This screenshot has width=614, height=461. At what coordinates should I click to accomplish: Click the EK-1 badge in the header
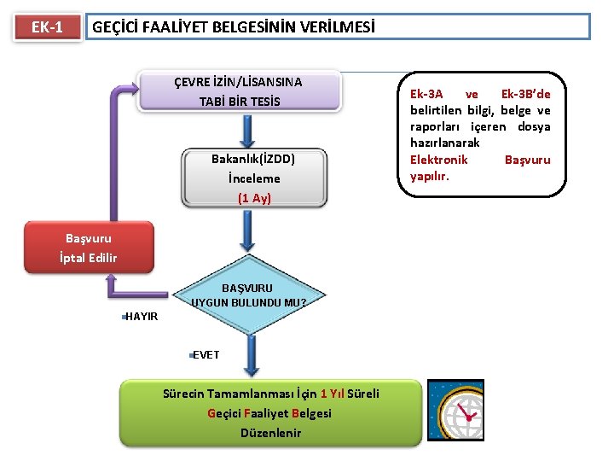[47, 27]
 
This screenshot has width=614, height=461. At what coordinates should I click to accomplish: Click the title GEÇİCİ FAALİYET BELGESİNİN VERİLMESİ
[233, 27]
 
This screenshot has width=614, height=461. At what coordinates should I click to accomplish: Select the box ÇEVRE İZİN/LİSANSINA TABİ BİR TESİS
[239, 91]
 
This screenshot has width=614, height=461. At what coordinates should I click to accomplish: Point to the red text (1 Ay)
[254, 198]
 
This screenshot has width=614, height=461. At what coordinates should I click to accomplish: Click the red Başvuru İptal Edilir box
[89, 248]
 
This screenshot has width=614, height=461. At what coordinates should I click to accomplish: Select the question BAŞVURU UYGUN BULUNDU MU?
[247, 295]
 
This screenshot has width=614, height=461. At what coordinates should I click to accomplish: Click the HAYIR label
[142, 317]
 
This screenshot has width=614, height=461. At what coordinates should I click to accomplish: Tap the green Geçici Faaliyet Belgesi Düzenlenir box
[270, 413]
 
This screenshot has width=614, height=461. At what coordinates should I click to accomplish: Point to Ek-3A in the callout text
[426, 93]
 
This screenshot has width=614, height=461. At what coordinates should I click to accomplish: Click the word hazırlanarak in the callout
[444, 143]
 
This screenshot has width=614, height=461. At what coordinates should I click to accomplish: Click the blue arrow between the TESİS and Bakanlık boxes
[248, 131]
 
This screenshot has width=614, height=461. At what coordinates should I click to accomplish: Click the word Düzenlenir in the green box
[270, 433]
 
